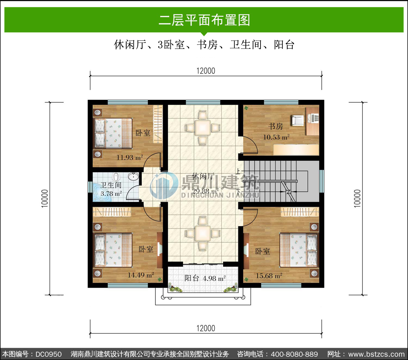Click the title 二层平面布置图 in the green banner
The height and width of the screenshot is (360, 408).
click(x=204, y=20)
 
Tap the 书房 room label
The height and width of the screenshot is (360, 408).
click(x=276, y=126)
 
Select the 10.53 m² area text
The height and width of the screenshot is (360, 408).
click(x=276, y=137)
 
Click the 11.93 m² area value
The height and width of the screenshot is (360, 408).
click(x=130, y=157)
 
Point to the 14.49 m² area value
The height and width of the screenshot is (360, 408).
click(x=141, y=275)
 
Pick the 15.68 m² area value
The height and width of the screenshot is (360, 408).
click(x=269, y=276)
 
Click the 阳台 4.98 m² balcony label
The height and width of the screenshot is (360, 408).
click(x=205, y=278)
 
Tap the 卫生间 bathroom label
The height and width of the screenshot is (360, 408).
click(x=111, y=185)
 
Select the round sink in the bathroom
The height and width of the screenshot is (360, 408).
click(x=133, y=177)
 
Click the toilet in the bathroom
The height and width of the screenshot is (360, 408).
click(x=116, y=177)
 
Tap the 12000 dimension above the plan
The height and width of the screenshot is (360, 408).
click(x=206, y=71)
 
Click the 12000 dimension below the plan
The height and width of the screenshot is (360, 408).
click(x=206, y=328)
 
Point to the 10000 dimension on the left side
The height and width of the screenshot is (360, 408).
click(x=45, y=198)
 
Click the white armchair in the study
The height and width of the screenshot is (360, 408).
click(x=298, y=120)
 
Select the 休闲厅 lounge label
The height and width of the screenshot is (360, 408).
click(x=203, y=176)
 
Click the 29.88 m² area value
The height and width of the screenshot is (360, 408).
click(x=205, y=191)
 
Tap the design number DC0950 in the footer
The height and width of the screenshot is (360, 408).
click(x=48, y=354)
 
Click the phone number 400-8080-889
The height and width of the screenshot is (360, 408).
click(x=294, y=354)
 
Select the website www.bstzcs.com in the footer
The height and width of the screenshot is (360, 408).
click(x=376, y=354)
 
